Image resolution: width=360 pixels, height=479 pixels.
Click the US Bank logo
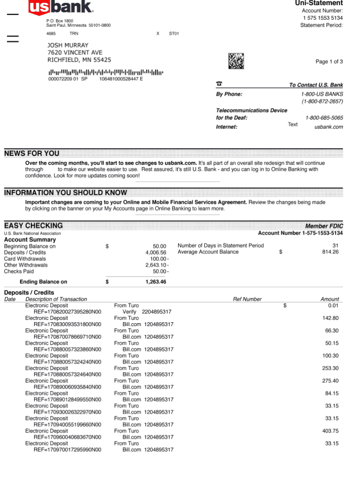click(x=60, y=7)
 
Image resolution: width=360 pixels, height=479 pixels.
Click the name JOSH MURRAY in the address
click(x=68, y=45)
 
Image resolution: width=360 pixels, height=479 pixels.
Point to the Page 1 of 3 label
click(x=329, y=62)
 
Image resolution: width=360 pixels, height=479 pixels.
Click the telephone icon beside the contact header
click(x=219, y=84)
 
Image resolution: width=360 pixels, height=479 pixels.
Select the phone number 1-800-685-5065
click(x=324, y=118)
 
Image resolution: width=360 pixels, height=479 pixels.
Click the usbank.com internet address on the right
click(x=328, y=127)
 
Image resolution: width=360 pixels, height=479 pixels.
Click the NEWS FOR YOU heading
click(x=32, y=153)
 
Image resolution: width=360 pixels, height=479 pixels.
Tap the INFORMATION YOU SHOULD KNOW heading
click(x=66, y=192)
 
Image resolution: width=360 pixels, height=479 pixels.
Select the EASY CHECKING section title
click(x=33, y=225)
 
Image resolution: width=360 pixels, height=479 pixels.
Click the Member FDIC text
click(x=324, y=226)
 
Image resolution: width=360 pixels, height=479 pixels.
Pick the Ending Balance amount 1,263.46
click(x=156, y=282)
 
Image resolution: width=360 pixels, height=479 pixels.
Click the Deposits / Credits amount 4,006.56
click(x=156, y=252)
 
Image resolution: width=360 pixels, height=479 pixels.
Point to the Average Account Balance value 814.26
click(x=330, y=252)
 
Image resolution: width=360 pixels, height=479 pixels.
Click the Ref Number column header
click(x=247, y=299)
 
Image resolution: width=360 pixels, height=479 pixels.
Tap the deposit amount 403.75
click(x=330, y=431)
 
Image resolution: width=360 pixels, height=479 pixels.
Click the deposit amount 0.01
click(x=333, y=305)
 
